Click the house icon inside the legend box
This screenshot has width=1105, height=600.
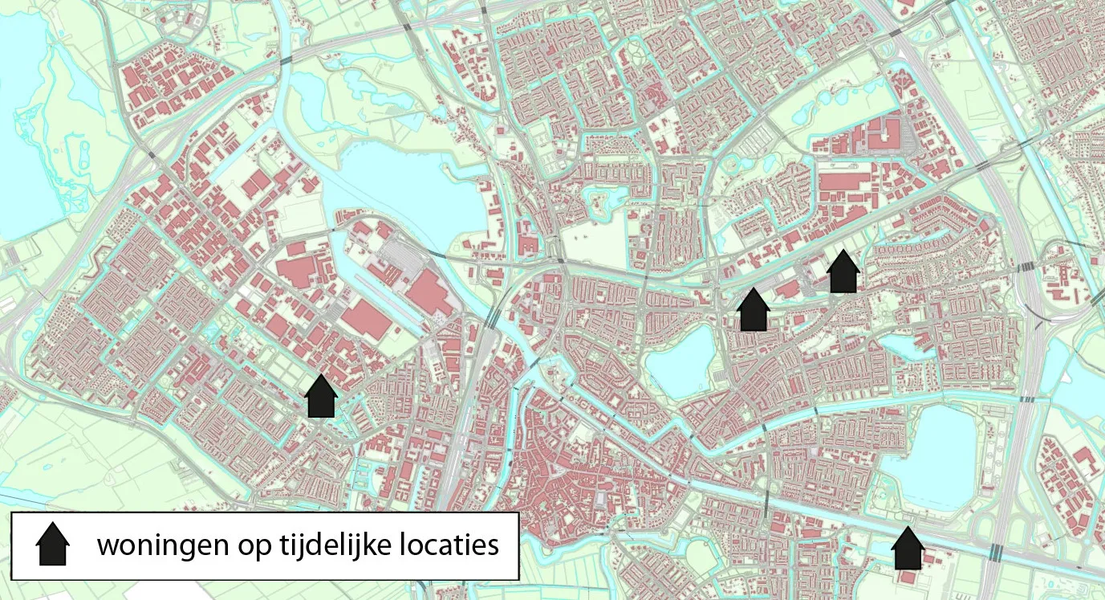pyautogui.click(x=53, y=545)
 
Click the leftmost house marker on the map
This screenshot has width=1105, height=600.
pyautogui.click(x=321, y=396)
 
